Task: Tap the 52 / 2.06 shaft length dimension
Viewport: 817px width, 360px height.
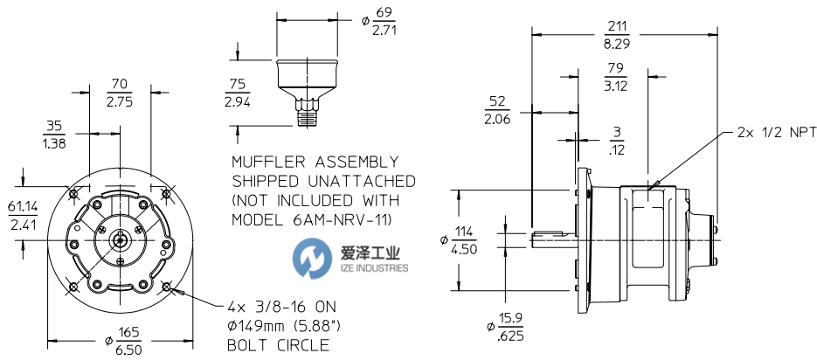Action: click(x=497, y=112)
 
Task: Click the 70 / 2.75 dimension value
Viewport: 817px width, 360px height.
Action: click(x=119, y=93)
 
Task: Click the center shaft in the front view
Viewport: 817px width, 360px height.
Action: click(x=119, y=237)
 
